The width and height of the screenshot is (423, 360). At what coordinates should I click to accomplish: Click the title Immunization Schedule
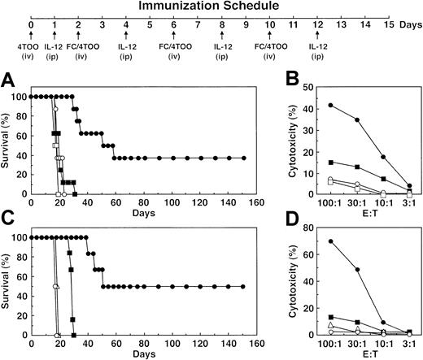[x=211, y=7]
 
